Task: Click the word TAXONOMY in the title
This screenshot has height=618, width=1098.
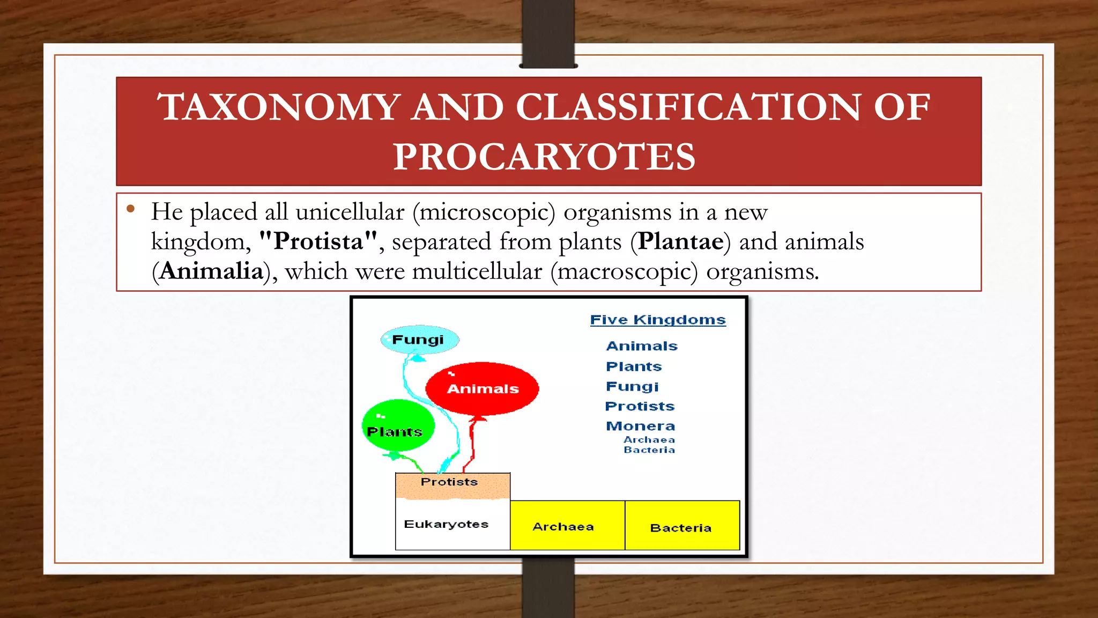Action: tap(279, 107)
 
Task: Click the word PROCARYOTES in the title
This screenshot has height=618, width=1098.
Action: tap(544, 157)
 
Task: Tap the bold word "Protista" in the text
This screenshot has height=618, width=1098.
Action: tap(318, 241)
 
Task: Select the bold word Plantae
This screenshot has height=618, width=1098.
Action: tap(680, 241)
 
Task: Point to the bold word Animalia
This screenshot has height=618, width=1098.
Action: tap(211, 271)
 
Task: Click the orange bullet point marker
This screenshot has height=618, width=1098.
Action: tap(130, 209)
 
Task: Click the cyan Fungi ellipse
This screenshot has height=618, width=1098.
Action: tap(419, 340)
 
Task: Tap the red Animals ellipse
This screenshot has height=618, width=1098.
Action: tap(482, 388)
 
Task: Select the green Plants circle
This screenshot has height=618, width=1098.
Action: tap(397, 425)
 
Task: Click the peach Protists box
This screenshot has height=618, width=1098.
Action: tap(452, 485)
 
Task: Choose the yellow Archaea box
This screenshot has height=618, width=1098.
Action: tap(567, 526)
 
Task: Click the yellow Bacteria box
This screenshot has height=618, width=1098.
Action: tap(681, 526)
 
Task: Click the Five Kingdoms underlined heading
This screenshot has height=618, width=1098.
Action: tap(658, 320)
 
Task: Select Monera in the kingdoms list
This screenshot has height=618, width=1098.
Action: tap(640, 426)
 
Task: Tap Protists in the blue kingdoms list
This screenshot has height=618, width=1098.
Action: tap(640, 406)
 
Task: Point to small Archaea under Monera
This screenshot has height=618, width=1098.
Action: tap(649, 439)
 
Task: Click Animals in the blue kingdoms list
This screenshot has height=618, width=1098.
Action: tap(642, 346)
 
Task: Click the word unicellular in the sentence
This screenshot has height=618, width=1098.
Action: tap(350, 212)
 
